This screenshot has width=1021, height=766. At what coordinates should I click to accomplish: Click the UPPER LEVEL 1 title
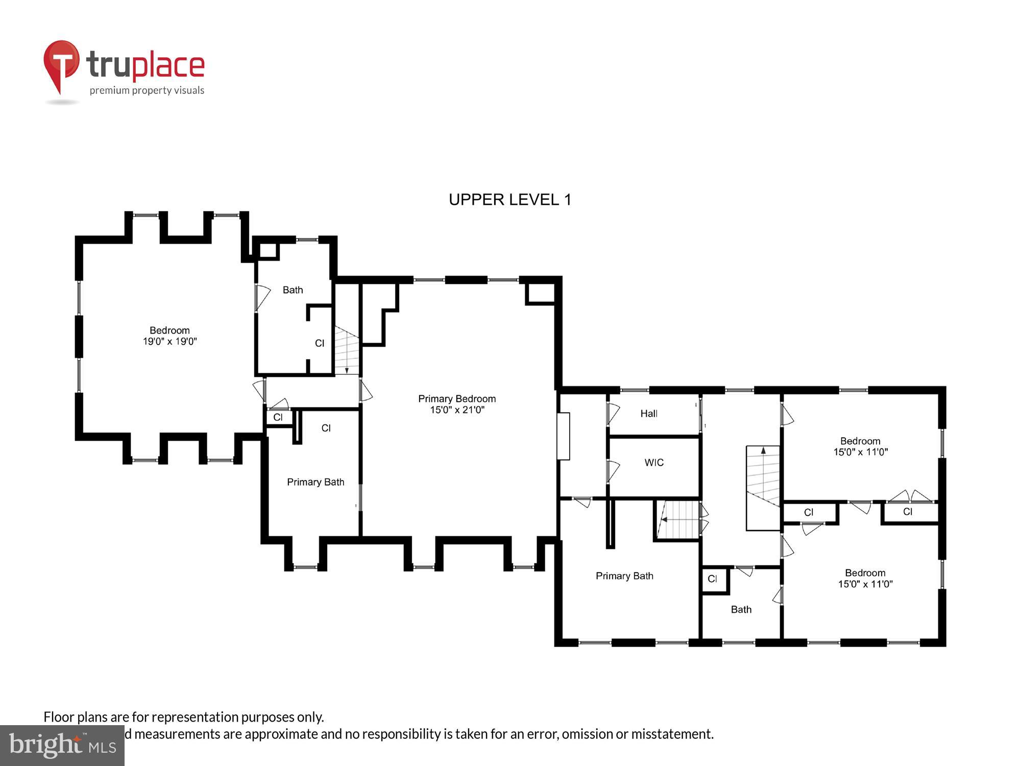[509, 200]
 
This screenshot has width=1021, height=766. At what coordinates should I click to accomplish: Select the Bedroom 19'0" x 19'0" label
[169, 336]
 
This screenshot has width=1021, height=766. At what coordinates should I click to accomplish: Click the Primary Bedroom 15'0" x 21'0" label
[457, 404]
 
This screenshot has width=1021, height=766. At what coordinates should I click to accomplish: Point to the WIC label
[654, 463]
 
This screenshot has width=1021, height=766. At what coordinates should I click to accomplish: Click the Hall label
[649, 414]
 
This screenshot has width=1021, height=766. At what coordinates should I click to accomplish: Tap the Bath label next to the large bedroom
[293, 290]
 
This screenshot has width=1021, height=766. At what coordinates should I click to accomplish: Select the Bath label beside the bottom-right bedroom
[741, 610]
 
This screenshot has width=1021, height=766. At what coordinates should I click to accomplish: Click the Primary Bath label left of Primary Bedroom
[315, 482]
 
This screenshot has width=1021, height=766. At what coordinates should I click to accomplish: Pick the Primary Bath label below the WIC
[624, 576]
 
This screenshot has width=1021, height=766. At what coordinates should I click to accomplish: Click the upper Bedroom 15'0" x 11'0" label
[860, 446]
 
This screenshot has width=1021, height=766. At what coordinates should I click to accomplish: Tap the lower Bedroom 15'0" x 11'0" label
[865, 578]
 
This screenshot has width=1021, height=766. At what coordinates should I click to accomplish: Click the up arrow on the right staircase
[763, 451]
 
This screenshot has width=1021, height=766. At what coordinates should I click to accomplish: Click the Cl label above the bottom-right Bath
[712, 579]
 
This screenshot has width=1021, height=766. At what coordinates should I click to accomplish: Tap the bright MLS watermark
[62, 746]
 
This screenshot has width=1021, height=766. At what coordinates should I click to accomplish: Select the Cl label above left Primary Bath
[326, 428]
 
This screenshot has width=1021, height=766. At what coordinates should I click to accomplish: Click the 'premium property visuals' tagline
[147, 91]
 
